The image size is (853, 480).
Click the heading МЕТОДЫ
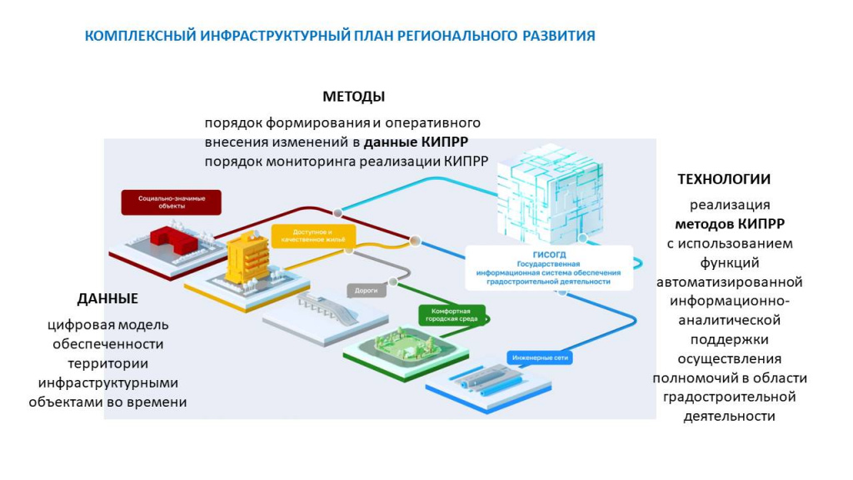tap(353, 96)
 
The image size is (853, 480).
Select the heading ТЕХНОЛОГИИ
tap(723, 179)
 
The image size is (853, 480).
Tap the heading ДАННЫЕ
tap(107, 298)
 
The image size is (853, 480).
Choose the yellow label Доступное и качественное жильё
tap(313, 235)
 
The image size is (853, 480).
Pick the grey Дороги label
tap(367, 291)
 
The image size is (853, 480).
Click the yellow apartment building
tap(248, 259)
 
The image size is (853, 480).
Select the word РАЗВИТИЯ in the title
tap(559, 36)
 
